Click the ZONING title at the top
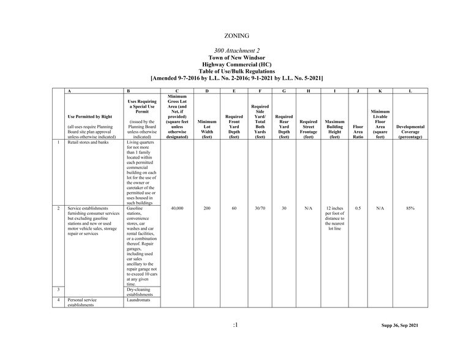point(236,36)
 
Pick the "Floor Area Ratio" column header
point(358,130)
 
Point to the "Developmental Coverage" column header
point(410,130)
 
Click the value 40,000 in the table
point(176,209)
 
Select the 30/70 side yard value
point(260,209)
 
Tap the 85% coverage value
point(410,209)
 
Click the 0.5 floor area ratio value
point(358,209)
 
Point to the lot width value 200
point(207,209)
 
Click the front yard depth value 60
point(233,209)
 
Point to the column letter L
point(410,91)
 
